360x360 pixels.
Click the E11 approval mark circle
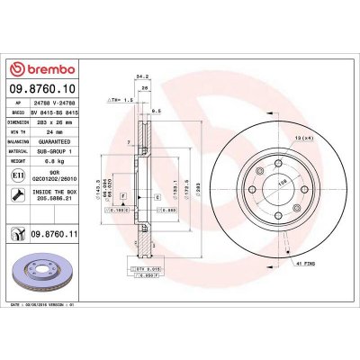pyautogui.click(x=19, y=178)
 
